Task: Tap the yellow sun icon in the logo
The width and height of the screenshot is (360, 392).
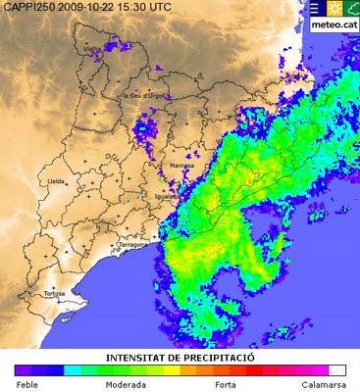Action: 333,9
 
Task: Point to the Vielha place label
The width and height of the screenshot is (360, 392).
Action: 95,47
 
